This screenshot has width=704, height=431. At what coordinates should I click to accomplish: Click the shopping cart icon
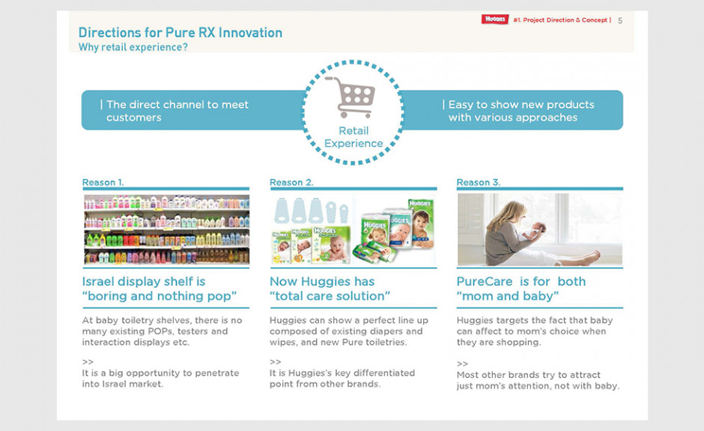point(351,97)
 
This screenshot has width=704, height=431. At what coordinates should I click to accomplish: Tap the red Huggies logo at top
point(495,19)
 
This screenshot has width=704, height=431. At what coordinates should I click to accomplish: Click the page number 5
point(620,21)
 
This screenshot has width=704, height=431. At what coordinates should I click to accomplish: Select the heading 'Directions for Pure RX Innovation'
point(180,32)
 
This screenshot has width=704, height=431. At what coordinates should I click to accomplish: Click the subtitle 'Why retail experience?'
point(133,47)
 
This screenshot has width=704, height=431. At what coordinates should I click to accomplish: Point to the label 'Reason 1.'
point(103,182)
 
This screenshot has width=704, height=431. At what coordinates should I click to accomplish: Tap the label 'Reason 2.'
point(291,182)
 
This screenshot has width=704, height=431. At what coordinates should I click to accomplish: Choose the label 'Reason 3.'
point(478,182)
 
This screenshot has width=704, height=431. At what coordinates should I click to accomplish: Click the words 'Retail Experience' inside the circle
point(353,137)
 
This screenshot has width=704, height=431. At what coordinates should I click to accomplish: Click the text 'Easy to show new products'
point(521,105)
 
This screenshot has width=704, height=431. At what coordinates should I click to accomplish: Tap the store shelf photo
point(166,229)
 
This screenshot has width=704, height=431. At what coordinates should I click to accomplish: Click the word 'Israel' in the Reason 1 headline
point(98,281)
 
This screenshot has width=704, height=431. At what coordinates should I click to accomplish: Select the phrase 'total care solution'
point(330,296)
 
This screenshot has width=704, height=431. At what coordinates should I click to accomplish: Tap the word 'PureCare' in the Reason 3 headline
point(484,281)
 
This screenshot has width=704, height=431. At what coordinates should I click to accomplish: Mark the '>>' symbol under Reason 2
point(275,362)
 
